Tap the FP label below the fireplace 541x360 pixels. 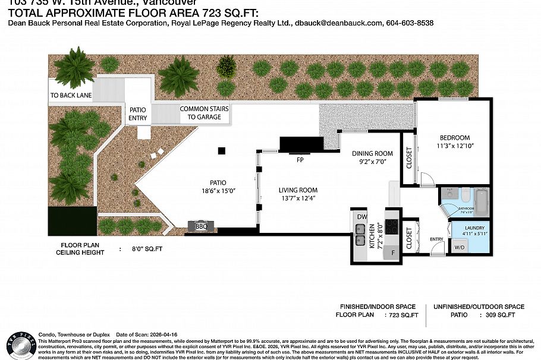[x=300, y=160]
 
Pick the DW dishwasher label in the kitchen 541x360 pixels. [x=361, y=217]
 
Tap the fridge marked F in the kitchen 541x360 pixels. [x=393, y=252]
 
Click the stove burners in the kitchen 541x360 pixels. [x=392, y=227]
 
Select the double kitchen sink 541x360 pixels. [x=360, y=235]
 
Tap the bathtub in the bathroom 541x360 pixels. [x=482, y=202]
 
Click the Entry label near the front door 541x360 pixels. [x=437, y=239]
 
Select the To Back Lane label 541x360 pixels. [x=71, y=95]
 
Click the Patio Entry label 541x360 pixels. [x=137, y=113]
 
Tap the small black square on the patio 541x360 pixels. [x=221, y=151]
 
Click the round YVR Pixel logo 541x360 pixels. [x=18, y=343]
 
